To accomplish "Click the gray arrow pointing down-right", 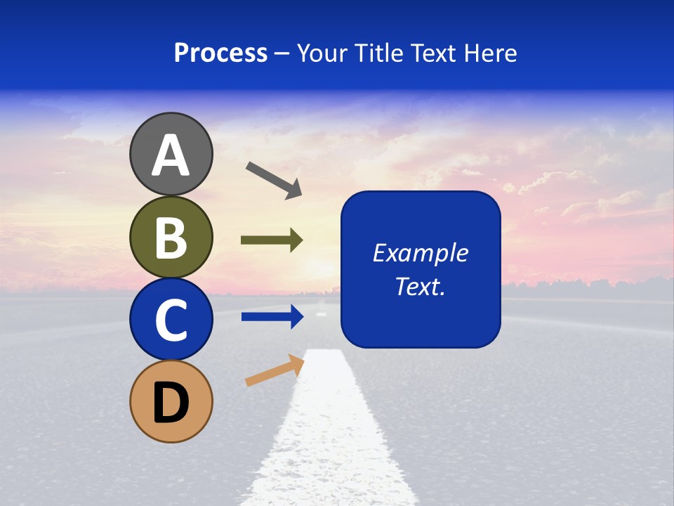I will [x=274, y=179].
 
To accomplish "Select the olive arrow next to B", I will [x=272, y=240].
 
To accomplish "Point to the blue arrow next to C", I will [x=272, y=317].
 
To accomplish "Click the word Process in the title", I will [x=220, y=53].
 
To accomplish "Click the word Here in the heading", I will [x=491, y=53].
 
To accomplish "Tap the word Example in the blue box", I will [x=420, y=253].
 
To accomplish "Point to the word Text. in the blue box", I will [x=420, y=287].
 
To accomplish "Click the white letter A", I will [x=171, y=156].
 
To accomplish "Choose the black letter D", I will [x=171, y=403].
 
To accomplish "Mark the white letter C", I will [x=171, y=320].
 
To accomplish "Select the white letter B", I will [x=171, y=238].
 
